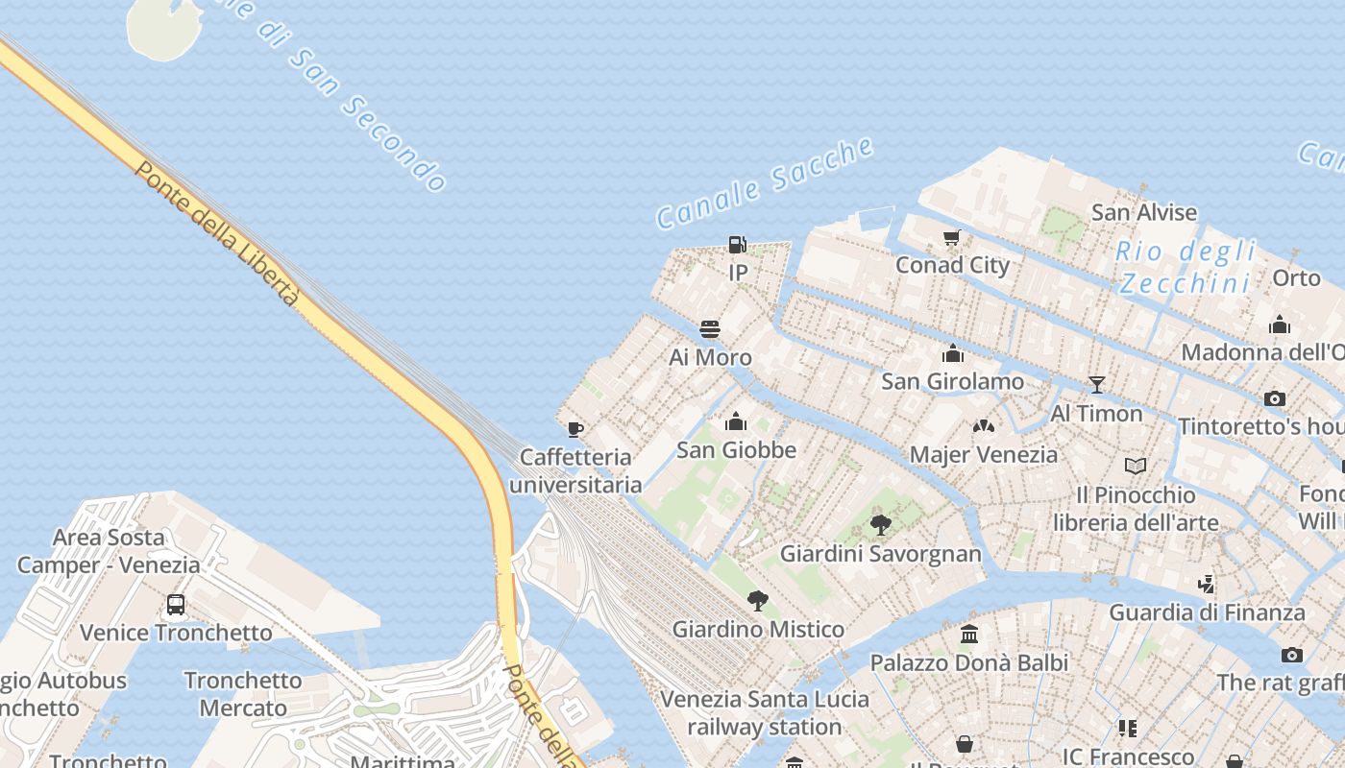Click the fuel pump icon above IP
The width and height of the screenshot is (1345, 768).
(737, 245)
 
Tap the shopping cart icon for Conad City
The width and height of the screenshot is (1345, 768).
(952, 237)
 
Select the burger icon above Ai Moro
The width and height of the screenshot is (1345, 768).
(710, 329)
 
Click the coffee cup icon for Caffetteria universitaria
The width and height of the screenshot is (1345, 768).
(575, 429)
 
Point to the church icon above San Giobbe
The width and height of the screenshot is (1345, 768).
(736, 421)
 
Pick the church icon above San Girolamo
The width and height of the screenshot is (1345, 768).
(953, 353)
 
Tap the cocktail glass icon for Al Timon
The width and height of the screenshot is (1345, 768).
(1096, 385)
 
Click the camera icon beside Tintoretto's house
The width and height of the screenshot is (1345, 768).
(1275, 398)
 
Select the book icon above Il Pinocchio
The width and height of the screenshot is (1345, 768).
(1136, 467)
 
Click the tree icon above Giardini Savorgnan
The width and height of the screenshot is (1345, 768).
(880, 525)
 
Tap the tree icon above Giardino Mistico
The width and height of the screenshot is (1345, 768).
(758, 601)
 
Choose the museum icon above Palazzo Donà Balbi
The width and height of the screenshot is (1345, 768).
(969, 635)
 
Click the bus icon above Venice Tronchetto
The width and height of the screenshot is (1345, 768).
(176, 605)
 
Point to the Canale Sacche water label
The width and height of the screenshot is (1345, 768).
(765, 183)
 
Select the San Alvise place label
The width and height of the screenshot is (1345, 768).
(1144, 212)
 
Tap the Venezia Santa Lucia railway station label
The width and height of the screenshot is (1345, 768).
(765, 713)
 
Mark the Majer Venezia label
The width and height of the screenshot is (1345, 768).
(984, 454)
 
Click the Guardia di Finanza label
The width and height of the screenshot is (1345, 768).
(1208, 612)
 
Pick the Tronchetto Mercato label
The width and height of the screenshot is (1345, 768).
(243, 694)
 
